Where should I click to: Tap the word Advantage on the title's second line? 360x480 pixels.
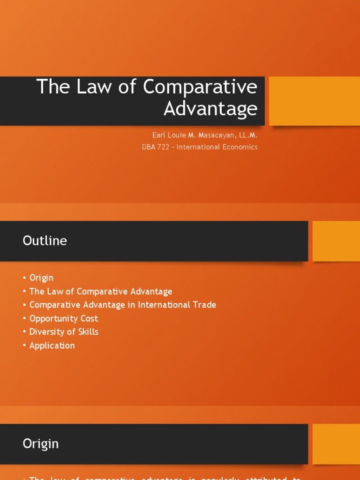210,108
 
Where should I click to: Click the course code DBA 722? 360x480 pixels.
155,147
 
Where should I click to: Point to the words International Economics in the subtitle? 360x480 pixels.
217,147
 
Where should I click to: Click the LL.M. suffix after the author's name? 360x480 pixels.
248,135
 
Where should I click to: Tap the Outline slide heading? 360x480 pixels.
45,241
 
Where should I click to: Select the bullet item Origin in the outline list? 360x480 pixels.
41,278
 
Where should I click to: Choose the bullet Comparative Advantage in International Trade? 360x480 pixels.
123,305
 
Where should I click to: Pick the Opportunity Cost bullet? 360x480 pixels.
64,318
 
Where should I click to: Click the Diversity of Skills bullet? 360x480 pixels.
64,332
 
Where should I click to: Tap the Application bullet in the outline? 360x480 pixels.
52,345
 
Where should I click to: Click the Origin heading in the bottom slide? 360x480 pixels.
41,444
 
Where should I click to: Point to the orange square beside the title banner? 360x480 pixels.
314,101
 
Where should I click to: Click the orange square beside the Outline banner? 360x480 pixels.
336,241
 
